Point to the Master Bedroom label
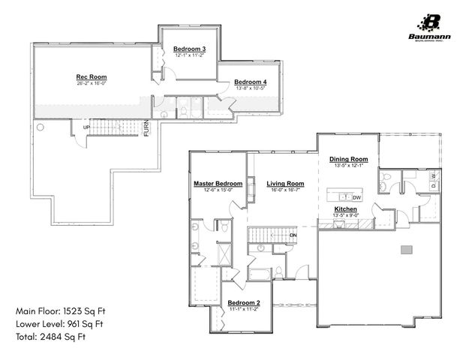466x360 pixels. click(218, 184)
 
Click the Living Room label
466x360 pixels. click(285, 184)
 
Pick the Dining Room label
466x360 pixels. click(348, 159)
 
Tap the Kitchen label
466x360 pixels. click(345, 208)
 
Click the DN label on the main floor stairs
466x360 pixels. click(293, 235)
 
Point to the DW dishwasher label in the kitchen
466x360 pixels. click(356, 197)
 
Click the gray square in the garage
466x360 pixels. click(406, 248)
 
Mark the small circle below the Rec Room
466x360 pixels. click(41, 127)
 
